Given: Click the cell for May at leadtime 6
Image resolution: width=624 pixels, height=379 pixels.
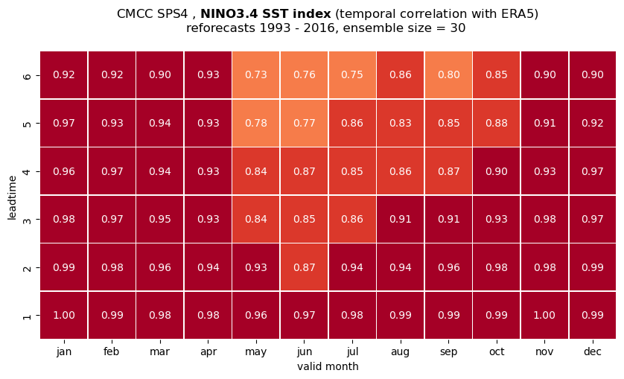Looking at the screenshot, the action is click(x=256, y=75).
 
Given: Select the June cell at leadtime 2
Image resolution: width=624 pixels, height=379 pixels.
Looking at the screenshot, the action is click(x=305, y=267).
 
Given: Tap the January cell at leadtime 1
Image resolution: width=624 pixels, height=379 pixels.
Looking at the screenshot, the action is click(x=64, y=315).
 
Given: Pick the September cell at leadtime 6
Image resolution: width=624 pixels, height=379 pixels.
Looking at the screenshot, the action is click(x=448, y=75).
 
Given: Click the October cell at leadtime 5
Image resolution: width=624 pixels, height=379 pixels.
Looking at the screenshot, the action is click(x=497, y=123).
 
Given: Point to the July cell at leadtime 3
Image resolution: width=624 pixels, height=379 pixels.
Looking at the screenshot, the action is click(x=352, y=219).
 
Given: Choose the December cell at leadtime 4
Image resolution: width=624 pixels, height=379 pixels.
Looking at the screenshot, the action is click(x=593, y=171).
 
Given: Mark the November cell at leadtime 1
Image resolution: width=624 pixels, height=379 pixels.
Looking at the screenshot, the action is click(x=544, y=315).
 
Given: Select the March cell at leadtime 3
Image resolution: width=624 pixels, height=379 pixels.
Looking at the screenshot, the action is click(x=160, y=219).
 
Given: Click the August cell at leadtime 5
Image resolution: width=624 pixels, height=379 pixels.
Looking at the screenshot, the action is click(x=401, y=123).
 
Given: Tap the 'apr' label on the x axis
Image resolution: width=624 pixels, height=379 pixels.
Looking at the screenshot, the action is click(x=208, y=352).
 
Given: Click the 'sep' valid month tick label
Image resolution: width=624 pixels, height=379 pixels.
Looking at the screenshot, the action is click(x=448, y=352).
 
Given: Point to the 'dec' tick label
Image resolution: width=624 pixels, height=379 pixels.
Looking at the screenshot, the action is click(x=593, y=351).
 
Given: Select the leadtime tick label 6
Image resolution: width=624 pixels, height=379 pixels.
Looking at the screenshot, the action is click(x=27, y=75).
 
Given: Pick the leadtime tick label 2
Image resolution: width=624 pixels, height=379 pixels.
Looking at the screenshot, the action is click(x=27, y=267).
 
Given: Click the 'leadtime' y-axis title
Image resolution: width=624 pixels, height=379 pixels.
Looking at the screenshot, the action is click(x=13, y=198).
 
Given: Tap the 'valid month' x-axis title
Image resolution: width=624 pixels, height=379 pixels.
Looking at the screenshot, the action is click(x=328, y=366).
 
